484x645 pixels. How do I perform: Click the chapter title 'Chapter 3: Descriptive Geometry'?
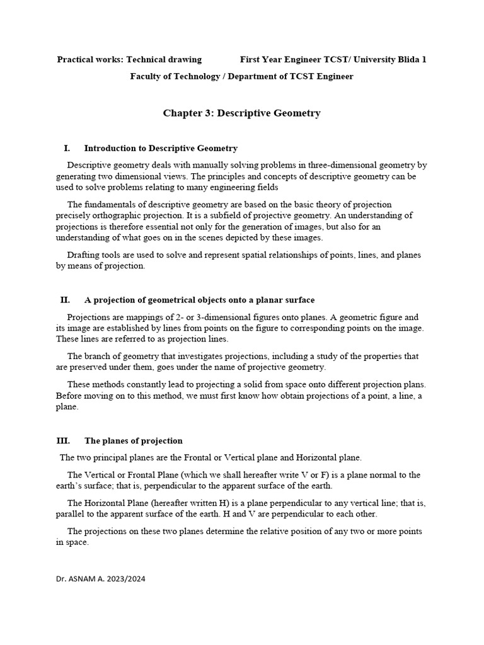tap(241, 113)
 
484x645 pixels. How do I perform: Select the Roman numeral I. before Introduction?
tap(66, 149)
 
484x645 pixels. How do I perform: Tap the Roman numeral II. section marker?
tap(64, 300)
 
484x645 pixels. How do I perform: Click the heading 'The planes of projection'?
tap(133, 441)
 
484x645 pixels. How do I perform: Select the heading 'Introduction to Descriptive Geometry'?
tap(161, 149)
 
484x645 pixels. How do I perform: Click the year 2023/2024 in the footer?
tap(125, 578)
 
